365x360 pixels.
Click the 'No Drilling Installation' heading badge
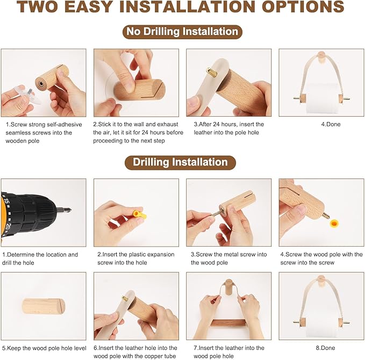pyautogui.click(x=182, y=32)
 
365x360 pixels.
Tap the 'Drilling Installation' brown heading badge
pyautogui.click(x=180, y=162)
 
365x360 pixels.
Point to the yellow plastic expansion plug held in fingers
pyautogui.click(x=139, y=215)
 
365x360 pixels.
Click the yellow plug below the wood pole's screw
pyautogui.click(x=334, y=224)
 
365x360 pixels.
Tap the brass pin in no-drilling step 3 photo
pyautogui.click(x=211, y=72)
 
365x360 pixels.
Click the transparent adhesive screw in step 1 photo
pyautogui.click(x=26, y=95)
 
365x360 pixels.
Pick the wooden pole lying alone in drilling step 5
pyautogui.click(x=44, y=306)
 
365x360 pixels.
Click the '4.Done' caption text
pyautogui.click(x=331, y=124)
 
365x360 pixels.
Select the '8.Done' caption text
pyautogui.click(x=325, y=348)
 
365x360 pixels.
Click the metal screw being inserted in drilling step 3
pyautogui.click(x=217, y=212)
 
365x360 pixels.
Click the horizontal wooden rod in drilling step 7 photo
pyautogui.click(x=228, y=323)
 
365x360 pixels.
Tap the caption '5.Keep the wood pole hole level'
pyautogui.click(x=44, y=348)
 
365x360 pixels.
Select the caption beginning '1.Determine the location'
pyautogui.click(x=40, y=258)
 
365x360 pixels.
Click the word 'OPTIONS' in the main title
pyautogui.click(x=303, y=7)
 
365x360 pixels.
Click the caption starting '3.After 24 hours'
pyautogui.click(x=229, y=128)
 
